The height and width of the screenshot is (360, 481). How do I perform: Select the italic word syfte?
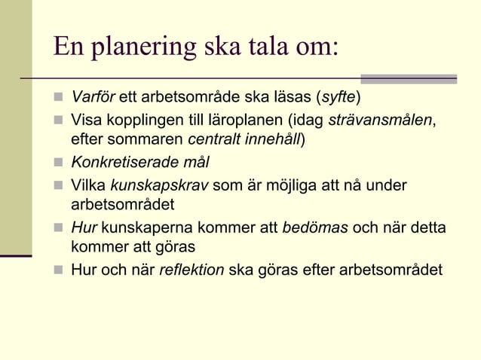337,99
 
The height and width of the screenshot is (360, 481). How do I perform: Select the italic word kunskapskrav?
158,184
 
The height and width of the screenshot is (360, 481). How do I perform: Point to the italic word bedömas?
314,227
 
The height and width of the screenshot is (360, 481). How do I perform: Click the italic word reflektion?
191,269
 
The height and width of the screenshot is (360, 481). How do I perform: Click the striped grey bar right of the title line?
409,78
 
